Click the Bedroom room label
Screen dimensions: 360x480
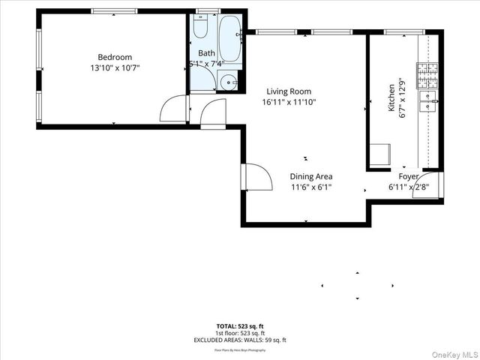[x=115, y=57]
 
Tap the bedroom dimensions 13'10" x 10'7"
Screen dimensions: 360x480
[x=115, y=67]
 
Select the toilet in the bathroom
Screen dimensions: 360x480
[x=200, y=28]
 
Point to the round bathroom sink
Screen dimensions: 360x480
[x=228, y=83]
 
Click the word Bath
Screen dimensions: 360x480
[x=206, y=53]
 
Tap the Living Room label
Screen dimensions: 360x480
[x=289, y=91]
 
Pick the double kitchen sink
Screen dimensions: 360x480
[x=430, y=101]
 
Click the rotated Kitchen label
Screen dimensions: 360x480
[x=391, y=99]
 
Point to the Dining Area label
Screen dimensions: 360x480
[x=311, y=177]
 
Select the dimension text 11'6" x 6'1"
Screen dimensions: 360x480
[x=311, y=187]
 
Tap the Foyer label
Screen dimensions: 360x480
[x=409, y=177]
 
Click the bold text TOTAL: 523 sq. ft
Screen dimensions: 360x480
[x=240, y=325]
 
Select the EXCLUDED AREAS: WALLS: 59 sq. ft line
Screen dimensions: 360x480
[x=240, y=340]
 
